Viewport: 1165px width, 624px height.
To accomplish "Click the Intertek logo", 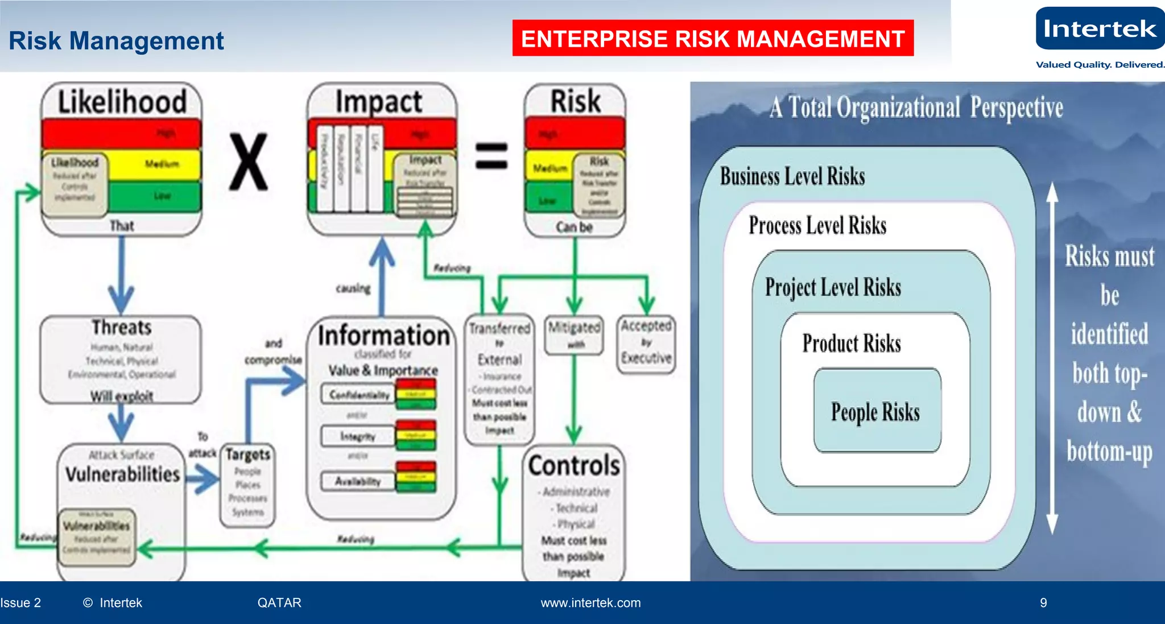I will (1099, 29).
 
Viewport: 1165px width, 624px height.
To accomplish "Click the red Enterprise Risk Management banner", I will (712, 39).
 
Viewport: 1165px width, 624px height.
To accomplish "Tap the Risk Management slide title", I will (116, 41).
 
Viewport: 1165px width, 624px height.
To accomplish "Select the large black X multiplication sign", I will (249, 162).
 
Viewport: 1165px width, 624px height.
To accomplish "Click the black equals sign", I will (491, 156).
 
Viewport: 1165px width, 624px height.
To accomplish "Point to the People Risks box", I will (876, 411).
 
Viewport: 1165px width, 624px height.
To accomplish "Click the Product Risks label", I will (852, 344).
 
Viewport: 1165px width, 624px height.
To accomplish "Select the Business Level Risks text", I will (792, 176).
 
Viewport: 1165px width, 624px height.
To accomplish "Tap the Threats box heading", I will (121, 328).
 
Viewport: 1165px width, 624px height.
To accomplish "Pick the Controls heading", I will (573, 465).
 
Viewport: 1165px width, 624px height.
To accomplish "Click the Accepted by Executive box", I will (646, 343).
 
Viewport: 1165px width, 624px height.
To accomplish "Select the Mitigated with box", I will (574, 334).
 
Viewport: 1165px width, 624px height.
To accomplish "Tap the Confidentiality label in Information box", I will (359, 395).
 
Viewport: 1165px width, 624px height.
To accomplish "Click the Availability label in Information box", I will (357, 481).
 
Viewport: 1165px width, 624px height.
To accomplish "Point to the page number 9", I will (1043, 603).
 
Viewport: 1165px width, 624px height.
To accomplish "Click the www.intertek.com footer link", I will (590, 603).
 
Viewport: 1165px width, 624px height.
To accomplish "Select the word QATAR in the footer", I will (279, 603).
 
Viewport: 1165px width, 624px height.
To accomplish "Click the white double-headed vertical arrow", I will (1052, 358).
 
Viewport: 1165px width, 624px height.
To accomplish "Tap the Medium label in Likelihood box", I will (162, 164).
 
